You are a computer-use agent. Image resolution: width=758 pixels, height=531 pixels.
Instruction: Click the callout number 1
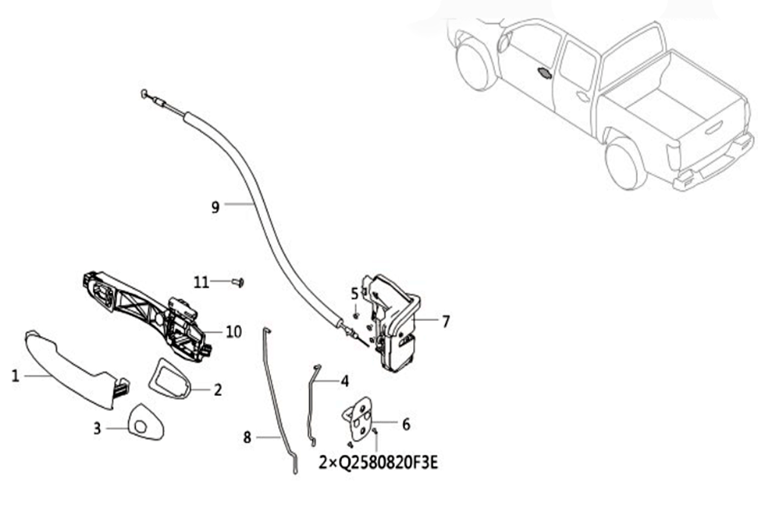15,375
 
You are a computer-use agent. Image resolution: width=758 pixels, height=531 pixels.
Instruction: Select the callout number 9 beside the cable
215,207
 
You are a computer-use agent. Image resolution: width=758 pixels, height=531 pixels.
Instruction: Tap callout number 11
202,282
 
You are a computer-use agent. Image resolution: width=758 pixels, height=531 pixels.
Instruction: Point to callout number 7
446,321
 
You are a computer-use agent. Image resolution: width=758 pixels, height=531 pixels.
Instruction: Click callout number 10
233,332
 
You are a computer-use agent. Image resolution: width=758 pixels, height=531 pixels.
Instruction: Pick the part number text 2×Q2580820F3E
378,463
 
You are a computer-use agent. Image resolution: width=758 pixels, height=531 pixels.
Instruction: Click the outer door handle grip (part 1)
73,368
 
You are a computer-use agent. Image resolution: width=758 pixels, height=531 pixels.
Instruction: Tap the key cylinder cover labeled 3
145,423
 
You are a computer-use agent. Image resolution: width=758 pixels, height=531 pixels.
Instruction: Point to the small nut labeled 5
356,316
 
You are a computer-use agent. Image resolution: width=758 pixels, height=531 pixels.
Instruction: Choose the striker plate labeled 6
358,419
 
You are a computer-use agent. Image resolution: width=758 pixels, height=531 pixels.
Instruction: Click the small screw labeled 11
238,282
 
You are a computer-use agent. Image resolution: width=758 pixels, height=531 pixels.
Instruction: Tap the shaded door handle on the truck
544,74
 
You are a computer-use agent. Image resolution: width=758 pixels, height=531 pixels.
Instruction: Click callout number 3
97,429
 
